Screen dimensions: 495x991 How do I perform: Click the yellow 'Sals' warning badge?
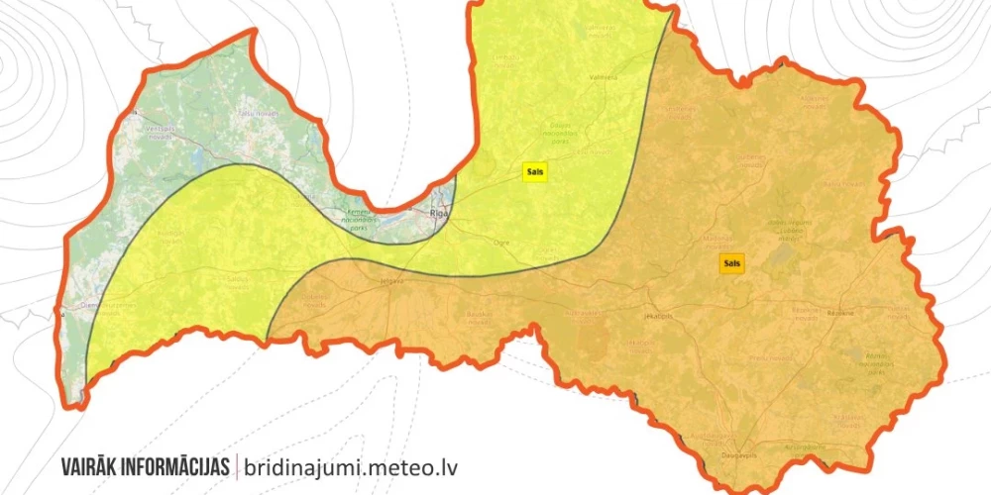click(535, 170)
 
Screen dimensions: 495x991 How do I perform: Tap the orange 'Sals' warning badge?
click(732, 263)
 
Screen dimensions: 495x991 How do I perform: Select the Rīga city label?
click(439, 213)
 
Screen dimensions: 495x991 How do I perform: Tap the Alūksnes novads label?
click(815, 101)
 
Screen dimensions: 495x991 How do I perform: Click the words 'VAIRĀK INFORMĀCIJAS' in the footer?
click(145, 465)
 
